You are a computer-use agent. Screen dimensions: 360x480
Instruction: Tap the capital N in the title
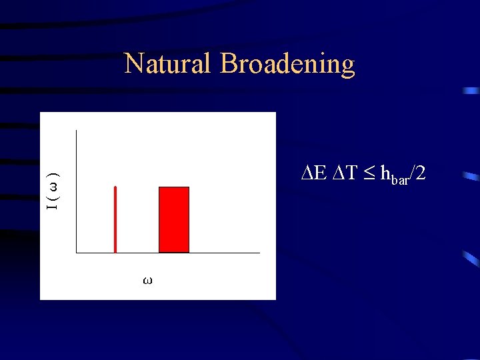click(x=133, y=64)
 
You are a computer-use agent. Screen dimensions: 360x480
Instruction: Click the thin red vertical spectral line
click(x=115, y=220)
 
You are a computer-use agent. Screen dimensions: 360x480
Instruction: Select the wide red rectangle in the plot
click(x=173, y=220)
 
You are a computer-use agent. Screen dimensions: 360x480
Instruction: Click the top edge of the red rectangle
click(x=173, y=187)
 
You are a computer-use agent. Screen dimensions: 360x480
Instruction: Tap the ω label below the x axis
click(x=147, y=281)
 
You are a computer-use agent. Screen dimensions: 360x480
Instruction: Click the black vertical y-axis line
click(x=77, y=193)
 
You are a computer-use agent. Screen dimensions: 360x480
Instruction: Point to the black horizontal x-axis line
click(x=167, y=253)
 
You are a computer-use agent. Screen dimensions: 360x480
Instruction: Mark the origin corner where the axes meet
click(x=77, y=253)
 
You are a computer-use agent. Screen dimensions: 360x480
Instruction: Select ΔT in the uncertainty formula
click(x=345, y=174)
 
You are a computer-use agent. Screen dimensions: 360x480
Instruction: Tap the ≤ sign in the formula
click(x=369, y=175)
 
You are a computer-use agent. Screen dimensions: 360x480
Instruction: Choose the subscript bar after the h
click(x=399, y=179)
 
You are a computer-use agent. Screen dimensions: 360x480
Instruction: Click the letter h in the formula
click(x=385, y=174)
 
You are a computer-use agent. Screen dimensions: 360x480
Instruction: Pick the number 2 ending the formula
click(x=421, y=174)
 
